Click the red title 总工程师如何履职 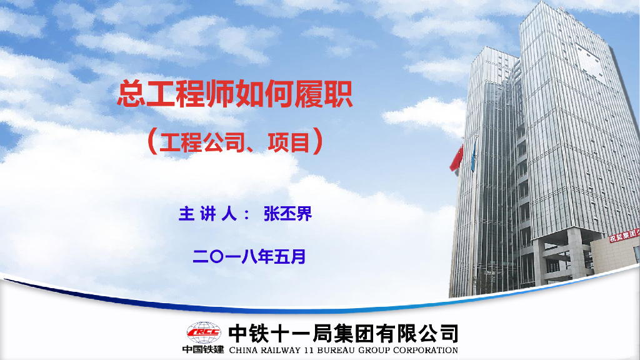(235, 96)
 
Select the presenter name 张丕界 (287, 214)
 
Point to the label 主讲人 (207, 214)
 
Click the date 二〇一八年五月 (249, 256)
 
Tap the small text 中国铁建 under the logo (203, 349)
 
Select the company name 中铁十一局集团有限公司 (343, 332)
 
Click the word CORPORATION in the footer (426, 350)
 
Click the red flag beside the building (457, 158)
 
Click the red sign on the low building (624, 235)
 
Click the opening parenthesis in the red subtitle (151, 142)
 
